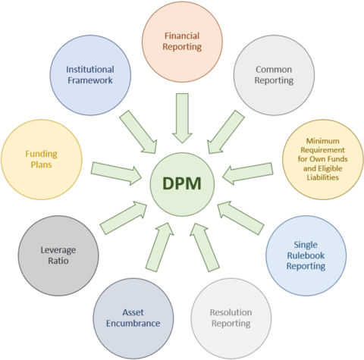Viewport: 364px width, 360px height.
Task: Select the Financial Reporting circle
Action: coord(183,40)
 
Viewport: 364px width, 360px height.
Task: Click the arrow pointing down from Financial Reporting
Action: coord(183,117)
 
